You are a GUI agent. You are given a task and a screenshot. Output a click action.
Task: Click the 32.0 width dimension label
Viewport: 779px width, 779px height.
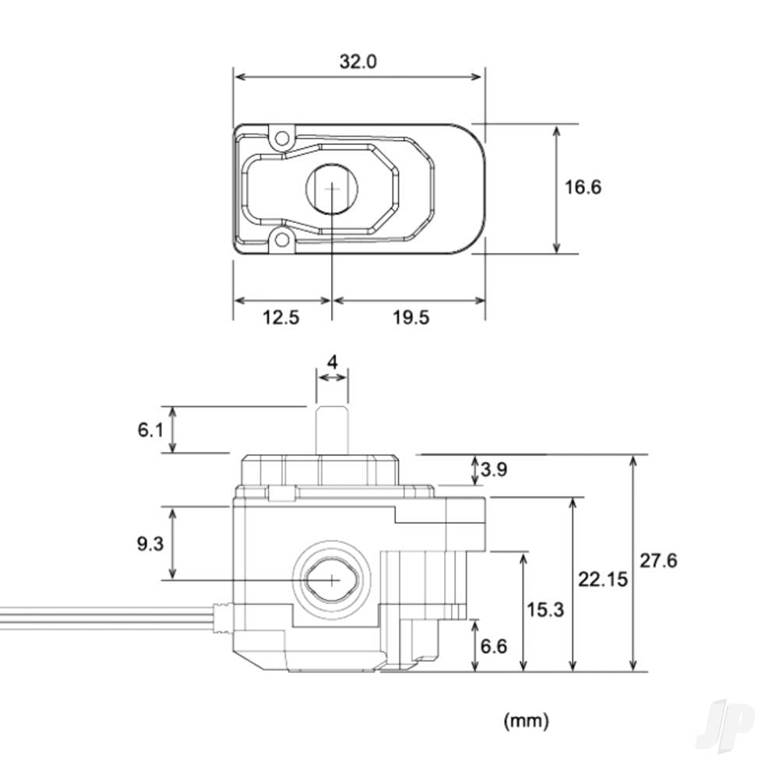click(358, 62)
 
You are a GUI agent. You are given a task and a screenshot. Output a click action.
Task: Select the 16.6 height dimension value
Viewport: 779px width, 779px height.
click(583, 187)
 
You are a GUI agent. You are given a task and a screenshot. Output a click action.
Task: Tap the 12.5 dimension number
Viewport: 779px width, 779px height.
click(280, 317)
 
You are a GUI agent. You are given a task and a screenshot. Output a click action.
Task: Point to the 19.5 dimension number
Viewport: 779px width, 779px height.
click(411, 317)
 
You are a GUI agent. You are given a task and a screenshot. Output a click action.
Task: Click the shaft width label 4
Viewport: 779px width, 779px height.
click(333, 362)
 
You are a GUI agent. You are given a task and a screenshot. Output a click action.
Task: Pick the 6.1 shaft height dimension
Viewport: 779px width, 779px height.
click(150, 430)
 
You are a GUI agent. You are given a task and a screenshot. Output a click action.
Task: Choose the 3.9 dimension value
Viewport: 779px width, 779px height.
click(494, 469)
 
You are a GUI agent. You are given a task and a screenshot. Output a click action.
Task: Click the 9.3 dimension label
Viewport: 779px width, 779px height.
click(150, 544)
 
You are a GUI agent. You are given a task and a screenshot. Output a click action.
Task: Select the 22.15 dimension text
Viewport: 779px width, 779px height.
click(603, 580)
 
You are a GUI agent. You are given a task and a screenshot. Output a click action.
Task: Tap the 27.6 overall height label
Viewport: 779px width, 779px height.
click(658, 561)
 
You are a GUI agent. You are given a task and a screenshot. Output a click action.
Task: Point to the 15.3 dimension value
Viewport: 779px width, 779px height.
click(545, 610)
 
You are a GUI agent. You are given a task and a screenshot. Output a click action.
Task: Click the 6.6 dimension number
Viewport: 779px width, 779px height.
click(494, 647)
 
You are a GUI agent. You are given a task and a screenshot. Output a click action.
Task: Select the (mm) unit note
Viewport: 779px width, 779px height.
click(526, 721)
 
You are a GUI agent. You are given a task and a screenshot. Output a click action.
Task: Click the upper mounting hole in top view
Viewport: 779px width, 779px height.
click(282, 136)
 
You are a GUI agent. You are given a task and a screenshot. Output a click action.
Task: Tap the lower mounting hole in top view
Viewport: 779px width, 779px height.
click(282, 241)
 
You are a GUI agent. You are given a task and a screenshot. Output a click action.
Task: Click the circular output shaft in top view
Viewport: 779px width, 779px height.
click(332, 189)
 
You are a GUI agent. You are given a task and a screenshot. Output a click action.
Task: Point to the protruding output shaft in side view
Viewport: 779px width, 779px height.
click(333, 430)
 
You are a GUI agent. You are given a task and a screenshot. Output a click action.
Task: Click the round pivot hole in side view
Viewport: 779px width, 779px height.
click(332, 580)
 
